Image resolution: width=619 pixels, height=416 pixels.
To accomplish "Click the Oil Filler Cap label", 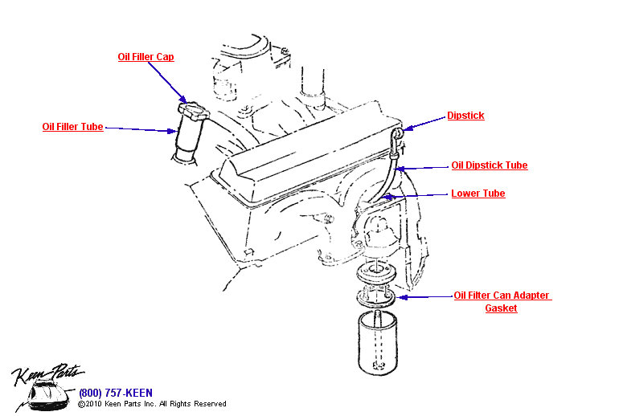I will [x=146, y=57].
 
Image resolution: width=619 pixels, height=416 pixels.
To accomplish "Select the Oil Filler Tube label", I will [x=72, y=127].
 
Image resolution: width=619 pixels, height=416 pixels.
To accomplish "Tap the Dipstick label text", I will [x=465, y=116].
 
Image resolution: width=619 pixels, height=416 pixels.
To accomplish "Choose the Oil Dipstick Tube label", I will [x=489, y=165].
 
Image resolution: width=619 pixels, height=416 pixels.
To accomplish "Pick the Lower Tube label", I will [x=478, y=194].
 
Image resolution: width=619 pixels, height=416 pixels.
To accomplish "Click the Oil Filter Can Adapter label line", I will [x=502, y=296].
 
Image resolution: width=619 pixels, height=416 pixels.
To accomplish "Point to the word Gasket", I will [x=501, y=308].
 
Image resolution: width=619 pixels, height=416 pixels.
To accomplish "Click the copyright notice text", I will [x=152, y=404].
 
